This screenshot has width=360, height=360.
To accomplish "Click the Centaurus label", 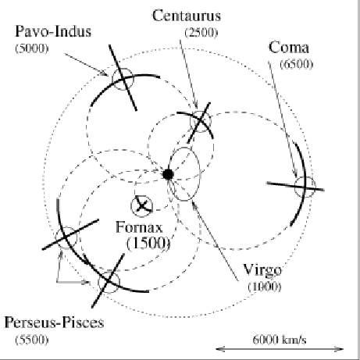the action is [x=187, y=16].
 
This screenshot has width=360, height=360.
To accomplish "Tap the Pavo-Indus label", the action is [x=53, y=31].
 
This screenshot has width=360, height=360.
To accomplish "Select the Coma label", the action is [x=289, y=48].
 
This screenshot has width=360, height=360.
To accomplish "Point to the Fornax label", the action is [x=139, y=227].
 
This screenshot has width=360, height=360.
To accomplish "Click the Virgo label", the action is [x=262, y=271].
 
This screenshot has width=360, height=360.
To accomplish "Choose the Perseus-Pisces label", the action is [x=54, y=323].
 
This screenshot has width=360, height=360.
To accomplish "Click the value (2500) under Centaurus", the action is [x=201, y=33].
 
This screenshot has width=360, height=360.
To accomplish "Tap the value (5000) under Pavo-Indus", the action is [x=32, y=48].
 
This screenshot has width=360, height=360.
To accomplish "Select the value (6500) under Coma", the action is [x=297, y=64].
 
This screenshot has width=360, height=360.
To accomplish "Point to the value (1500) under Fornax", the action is [x=148, y=244].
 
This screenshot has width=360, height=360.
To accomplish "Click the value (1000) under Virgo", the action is [x=265, y=287].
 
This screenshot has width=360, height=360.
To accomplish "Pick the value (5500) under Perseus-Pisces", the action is [x=32, y=340].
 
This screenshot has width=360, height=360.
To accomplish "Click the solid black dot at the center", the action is [x=168, y=174].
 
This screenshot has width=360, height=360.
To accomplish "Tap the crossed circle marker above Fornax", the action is [x=141, y=206].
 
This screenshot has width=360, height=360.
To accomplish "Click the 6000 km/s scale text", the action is [x=280, y=340].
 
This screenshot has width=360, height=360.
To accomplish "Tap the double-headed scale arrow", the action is [x=280, y=349].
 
